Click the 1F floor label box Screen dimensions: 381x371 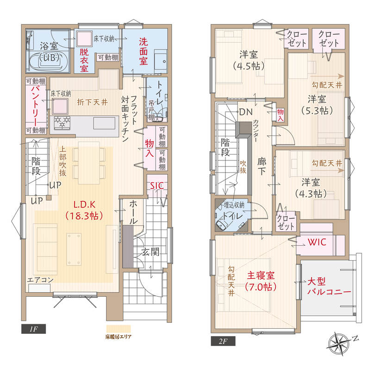[x=33, y=329]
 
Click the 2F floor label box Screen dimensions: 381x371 [x=223, y=341]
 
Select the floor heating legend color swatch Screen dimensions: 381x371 [x=119, y=329]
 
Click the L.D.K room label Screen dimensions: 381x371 [x=85, y=210]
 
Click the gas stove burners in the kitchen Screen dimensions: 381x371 [x=62, y=122]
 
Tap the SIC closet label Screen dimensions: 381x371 [x=157, y=185]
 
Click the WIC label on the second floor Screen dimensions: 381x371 [x=317, y=242]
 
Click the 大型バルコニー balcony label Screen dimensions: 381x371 [x=329, y=287]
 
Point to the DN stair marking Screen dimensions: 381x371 [x=246, y=112]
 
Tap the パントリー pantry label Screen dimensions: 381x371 [x=36, y=106]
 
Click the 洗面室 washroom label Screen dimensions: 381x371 [x=144, y=51]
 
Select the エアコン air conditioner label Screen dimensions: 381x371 [x=40, y=280]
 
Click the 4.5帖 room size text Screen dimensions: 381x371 [x=248, y=66]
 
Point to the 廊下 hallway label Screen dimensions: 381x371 [x=262, y=166]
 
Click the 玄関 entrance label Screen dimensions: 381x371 [x=150, y=252]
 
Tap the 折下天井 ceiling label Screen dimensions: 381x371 [x=92, y=102]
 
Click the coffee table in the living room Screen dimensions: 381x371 [x=74, y=249]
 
